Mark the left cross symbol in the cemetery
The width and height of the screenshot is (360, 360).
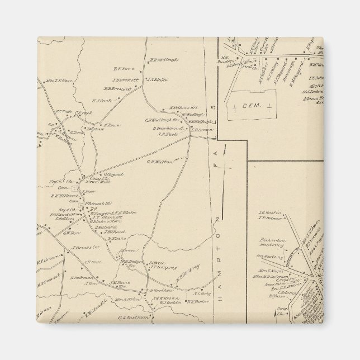point(235,106)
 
